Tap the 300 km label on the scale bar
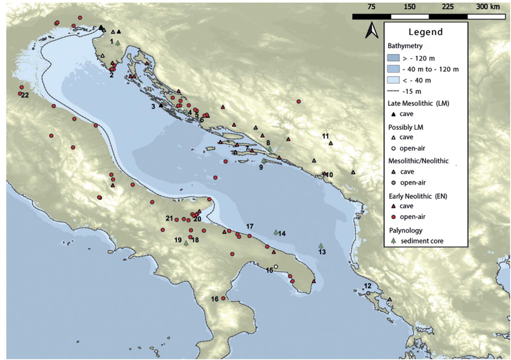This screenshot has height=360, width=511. coord(488,7)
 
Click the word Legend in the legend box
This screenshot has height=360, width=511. coord(425,32)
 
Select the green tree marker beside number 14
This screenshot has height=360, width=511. coord(276,232)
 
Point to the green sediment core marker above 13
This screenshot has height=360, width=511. coord(321,246)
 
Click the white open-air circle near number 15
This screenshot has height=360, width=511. coord(276,267)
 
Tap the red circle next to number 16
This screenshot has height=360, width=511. coord(223,298)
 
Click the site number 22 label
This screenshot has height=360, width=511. coord(25,95)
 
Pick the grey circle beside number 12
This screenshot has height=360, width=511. coord(368,293)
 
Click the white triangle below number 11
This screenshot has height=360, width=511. coord(331,143)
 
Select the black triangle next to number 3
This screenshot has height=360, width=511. coord(161,105)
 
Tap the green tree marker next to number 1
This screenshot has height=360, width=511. coord(118,43)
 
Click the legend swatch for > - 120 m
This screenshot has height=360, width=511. coord(393,58)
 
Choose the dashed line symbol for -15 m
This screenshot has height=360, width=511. coord(393,91)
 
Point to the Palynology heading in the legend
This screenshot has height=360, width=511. coord(405,230)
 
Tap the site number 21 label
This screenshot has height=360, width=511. coord(169,218)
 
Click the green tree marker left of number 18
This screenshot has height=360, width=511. coord(186,243)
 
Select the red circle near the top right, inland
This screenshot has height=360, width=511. coord(299,101)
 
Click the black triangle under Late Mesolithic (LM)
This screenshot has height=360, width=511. coord(393,114)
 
